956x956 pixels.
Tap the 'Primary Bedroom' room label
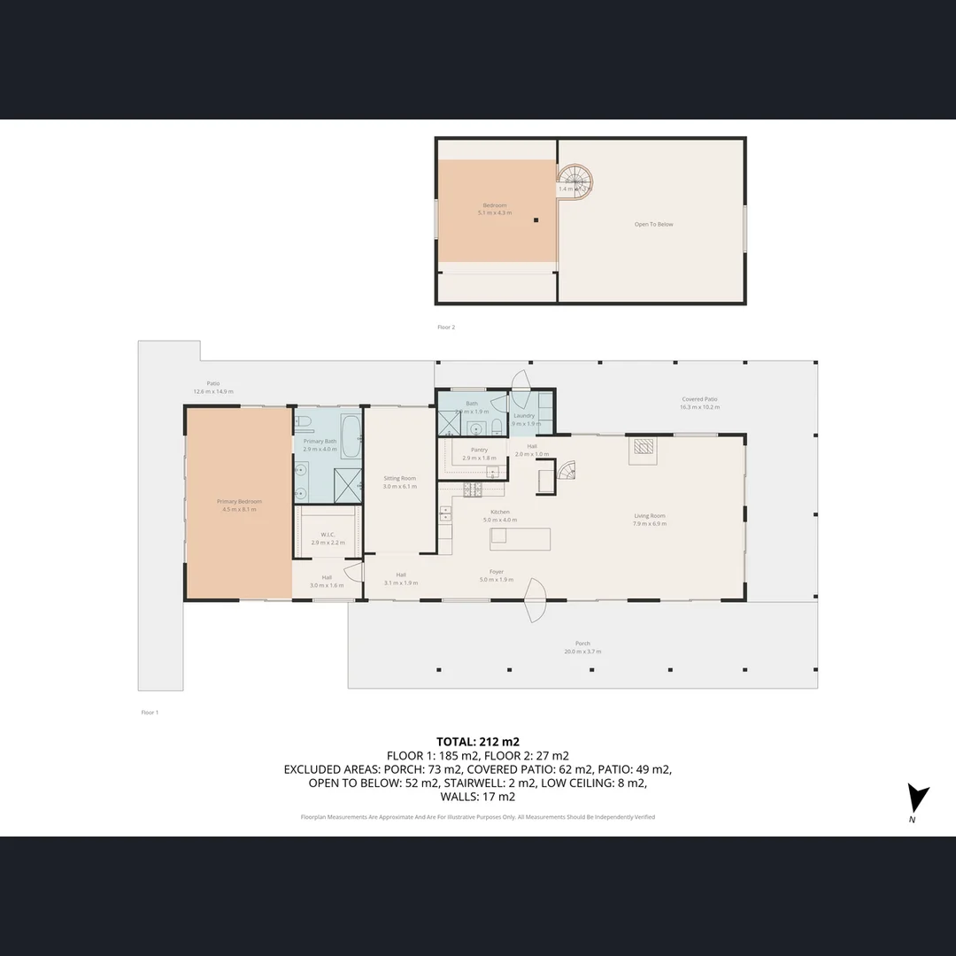point(239,502)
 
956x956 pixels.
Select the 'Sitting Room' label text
point(398,479)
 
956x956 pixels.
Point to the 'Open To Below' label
point(653,225)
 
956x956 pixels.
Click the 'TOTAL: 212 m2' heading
point(478,742)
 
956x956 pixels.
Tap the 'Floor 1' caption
point(150,713)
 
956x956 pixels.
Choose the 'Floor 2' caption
point(446,328)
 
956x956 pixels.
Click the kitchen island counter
point(520,538)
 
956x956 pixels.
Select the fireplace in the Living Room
point(643,450)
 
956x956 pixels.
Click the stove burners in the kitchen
point(472,488)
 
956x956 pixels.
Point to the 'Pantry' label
point(479,450)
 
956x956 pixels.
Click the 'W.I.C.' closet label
point(326,535)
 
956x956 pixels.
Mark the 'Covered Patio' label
point(699,399)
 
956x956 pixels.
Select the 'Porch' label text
point(582,644)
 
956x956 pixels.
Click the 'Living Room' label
point(649,516)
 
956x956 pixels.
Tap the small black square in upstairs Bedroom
point(536,220)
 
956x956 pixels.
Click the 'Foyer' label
point(497,572)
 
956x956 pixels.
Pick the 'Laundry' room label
point(524,415)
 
